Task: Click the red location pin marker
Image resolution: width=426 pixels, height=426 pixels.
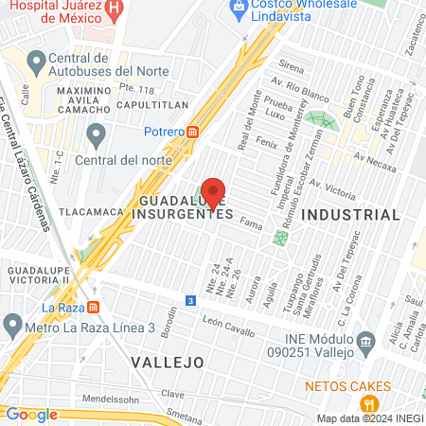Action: point(213,192)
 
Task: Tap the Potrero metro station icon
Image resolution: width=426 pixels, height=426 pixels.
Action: point(193,133)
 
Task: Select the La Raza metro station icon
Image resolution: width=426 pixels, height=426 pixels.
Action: point(93,307)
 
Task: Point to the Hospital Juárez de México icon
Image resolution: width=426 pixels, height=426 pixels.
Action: point(115,11)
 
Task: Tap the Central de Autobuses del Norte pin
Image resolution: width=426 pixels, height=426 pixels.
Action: point(37,64)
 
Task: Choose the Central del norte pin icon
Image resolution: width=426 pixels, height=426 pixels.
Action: point(96,135)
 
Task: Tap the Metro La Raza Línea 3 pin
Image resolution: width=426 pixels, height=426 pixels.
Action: point(12,327)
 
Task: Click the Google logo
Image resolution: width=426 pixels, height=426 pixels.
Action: point(31,414)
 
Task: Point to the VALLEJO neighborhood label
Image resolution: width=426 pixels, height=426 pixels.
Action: point(167,363)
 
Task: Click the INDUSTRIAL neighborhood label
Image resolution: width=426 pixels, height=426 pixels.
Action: point(350,215)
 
